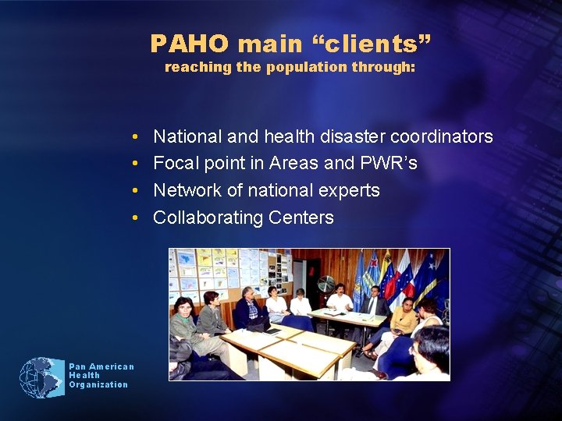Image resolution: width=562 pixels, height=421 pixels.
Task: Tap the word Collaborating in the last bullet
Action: [208, 218]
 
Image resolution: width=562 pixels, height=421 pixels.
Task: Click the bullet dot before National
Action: [136, 137]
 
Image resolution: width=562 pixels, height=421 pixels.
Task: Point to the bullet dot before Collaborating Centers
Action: [136, 218]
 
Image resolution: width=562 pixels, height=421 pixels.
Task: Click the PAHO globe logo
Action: [41, 377]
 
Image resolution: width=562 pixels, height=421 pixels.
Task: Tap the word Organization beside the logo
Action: [98, 384]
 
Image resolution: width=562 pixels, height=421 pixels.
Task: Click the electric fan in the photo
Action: [325, 284]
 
